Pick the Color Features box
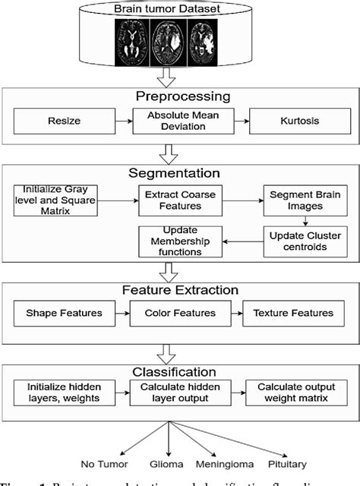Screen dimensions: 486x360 click(182, 313)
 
